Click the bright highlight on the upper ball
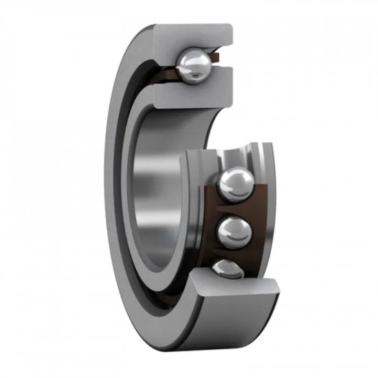coord(188,63)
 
